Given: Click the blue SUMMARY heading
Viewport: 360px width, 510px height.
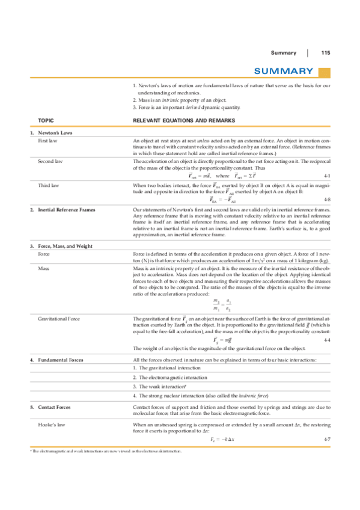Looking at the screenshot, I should click(283, 72).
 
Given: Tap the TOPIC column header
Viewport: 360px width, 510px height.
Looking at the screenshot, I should click(46, 120).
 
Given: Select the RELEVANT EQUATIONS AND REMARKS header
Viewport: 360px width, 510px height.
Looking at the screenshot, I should click(180, 120).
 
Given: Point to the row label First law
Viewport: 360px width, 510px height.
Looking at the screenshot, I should click(47, 140).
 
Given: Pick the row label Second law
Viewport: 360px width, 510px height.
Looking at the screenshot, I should click(50, 162).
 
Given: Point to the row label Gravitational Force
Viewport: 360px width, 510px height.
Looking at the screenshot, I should click(59, 318).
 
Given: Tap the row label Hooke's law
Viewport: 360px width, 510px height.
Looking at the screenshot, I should click(52, 425).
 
